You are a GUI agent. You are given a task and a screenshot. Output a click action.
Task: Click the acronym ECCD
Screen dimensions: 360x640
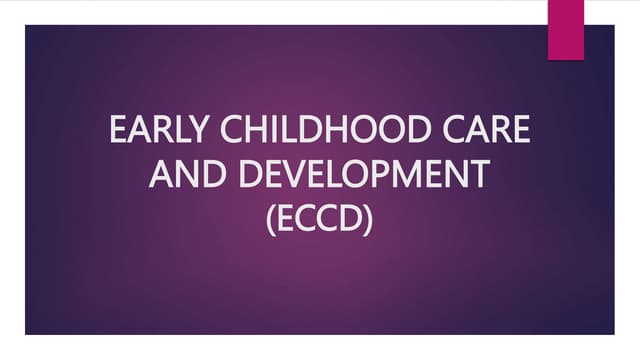(320, 218)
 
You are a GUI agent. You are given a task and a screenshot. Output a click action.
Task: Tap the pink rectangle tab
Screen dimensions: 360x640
(567, 28)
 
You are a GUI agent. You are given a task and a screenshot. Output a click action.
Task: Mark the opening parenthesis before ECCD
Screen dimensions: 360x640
(273, 219)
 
